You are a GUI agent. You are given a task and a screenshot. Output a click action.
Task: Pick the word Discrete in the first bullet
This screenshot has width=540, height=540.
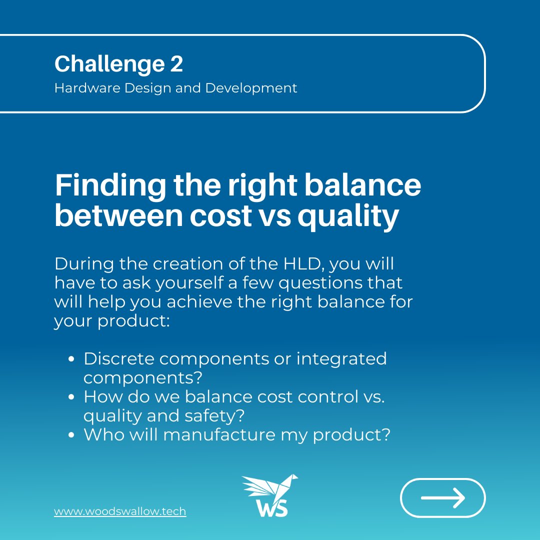pyautogui.click(x=116, y=358)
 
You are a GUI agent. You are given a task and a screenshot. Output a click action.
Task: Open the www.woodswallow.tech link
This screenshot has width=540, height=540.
pyautogui.click(x=120, y=511)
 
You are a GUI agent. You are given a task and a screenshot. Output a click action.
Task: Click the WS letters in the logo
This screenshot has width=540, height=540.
pyautogui.click(x=272, y=507)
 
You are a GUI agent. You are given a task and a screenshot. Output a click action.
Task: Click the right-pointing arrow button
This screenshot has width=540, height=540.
pyautogui.click(x=442, y=497)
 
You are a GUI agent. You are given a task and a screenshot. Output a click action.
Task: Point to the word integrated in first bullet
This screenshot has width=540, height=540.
pyautogui.click(x=341, y=358)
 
